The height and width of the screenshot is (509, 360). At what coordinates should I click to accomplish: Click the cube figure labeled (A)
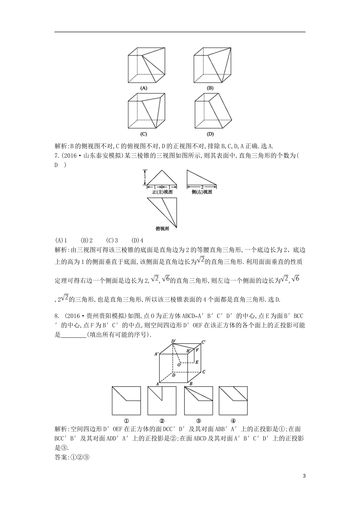coord(146,65)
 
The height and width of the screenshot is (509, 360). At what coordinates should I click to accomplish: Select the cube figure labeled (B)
coord(213,65)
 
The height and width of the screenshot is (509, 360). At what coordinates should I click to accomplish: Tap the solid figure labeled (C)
coord(146,112)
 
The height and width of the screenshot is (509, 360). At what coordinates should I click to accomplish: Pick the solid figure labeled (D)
coord(213,112)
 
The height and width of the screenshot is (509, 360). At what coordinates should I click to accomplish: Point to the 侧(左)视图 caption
coord(202,192)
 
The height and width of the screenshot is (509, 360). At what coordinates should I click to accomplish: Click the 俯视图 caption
coord(162,228)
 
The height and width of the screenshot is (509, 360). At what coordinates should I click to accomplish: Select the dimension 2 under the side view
coord(202,187)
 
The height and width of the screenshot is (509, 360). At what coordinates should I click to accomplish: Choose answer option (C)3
coord(112,240)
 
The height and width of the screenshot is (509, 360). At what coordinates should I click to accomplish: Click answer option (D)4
coord(137,240)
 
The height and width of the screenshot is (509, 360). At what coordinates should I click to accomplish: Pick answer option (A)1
coord(61,240)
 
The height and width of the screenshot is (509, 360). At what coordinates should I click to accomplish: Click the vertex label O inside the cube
coord(178,365)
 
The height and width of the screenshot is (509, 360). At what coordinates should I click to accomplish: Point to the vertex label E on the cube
coord(197,362)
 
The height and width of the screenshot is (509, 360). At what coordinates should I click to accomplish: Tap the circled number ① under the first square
coord(126,420)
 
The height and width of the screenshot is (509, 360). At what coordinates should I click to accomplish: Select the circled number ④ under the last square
coord(233,420)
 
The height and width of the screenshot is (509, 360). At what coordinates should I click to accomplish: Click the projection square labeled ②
coord(162,401)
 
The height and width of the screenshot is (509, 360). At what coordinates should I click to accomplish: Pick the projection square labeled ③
coord(198,401)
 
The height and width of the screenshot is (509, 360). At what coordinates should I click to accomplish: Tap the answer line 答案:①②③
coord(72,457)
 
